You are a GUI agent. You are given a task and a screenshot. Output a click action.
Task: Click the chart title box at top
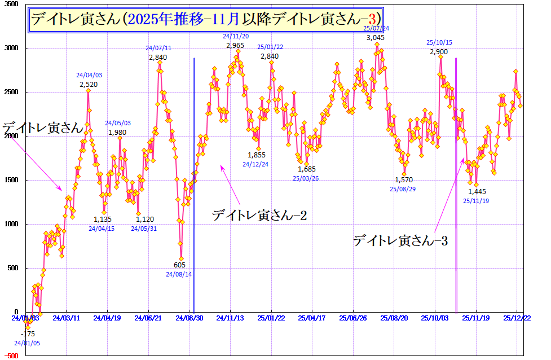[x=206, y=19]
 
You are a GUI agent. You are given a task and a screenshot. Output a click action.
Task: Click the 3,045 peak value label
[x=376, y=38]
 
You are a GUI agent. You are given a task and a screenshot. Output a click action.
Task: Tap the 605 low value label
[x=179, y=265]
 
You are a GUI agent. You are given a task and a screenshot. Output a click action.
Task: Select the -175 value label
[x=28, y=333]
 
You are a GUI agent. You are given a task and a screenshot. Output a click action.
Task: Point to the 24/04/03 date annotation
[x=89, y=75]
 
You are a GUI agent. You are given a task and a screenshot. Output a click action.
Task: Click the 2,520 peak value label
[x=89, y=85]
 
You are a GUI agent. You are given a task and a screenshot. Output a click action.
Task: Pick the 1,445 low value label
[x=477, y=192]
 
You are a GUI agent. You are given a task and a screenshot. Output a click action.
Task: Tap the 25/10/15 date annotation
[x=439, y=42]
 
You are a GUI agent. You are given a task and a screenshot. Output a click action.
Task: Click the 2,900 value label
[x=439, y=52]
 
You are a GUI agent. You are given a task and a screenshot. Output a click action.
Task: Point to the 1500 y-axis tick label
[x=11, y=181]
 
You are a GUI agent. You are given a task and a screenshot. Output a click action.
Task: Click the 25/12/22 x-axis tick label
[x=518, y=318]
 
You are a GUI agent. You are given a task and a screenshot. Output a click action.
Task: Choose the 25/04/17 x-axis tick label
[x=312, y=318]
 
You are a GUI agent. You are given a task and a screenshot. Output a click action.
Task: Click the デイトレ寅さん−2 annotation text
[x=259, y=215]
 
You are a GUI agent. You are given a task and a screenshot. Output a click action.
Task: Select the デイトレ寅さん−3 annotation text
[x=400, y=241]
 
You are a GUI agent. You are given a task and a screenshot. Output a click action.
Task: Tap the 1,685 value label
[x=306, y=169]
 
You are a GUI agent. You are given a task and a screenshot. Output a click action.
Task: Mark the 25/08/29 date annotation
[x=403, y=190]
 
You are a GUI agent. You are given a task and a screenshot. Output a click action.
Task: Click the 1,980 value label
[x=117, y=133]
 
